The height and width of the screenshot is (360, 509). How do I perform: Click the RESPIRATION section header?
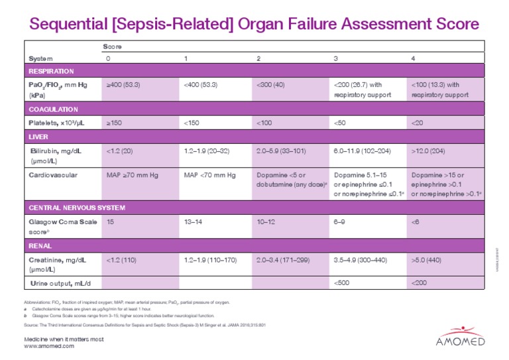tap(50, 71)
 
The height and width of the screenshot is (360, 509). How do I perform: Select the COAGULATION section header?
tap(53, 109)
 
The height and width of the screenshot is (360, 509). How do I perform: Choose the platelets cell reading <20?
tap(418, 123)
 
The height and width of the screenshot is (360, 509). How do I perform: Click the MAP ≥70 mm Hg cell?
tap(131, 175)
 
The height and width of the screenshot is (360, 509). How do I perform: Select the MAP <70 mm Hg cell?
tap(209, 175)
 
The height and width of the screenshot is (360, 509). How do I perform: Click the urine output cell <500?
tap(341, 284)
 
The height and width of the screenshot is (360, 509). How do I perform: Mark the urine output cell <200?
tap(419, 284)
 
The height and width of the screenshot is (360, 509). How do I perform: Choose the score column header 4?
tap(414, 59)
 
